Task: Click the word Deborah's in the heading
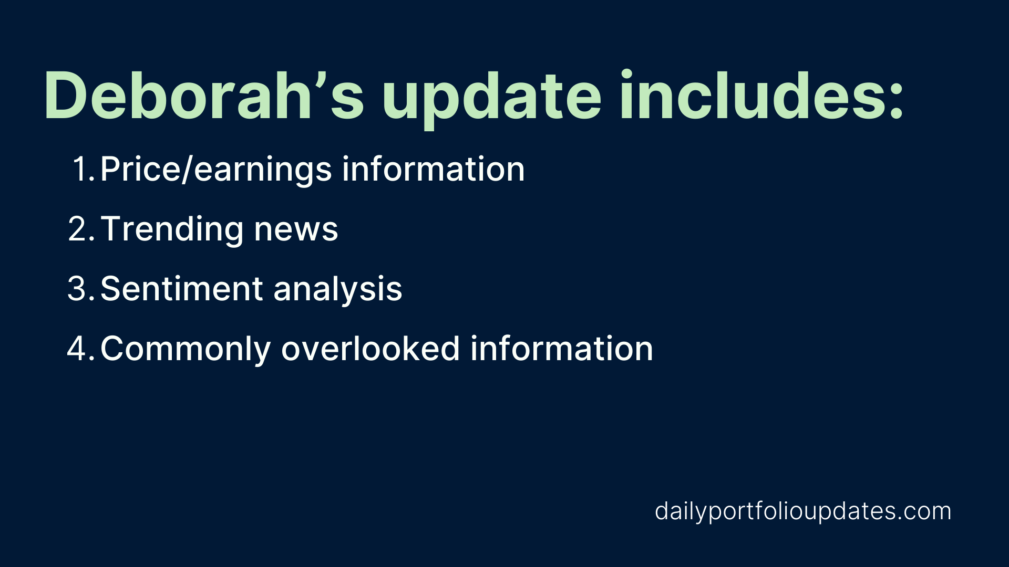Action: (x=204, y=96)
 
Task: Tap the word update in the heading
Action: (x=492, y=100)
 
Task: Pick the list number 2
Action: (x=81, y=229)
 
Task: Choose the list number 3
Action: (x=81, y=289)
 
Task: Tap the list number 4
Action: (x=81, y=349)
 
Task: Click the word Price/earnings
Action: (x=216, y=170)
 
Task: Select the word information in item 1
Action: (x=434, y=169)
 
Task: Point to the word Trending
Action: (x=172, y=229)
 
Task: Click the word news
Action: (x=296, y=231)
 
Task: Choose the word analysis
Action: (x=338, y=289)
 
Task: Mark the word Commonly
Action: (x=186, y=350)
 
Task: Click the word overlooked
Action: (x=370, y=348)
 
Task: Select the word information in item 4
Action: (x=562, y=348)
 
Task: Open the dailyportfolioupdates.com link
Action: (x=803, y=511)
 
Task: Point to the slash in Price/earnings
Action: (x=188, y=170)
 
